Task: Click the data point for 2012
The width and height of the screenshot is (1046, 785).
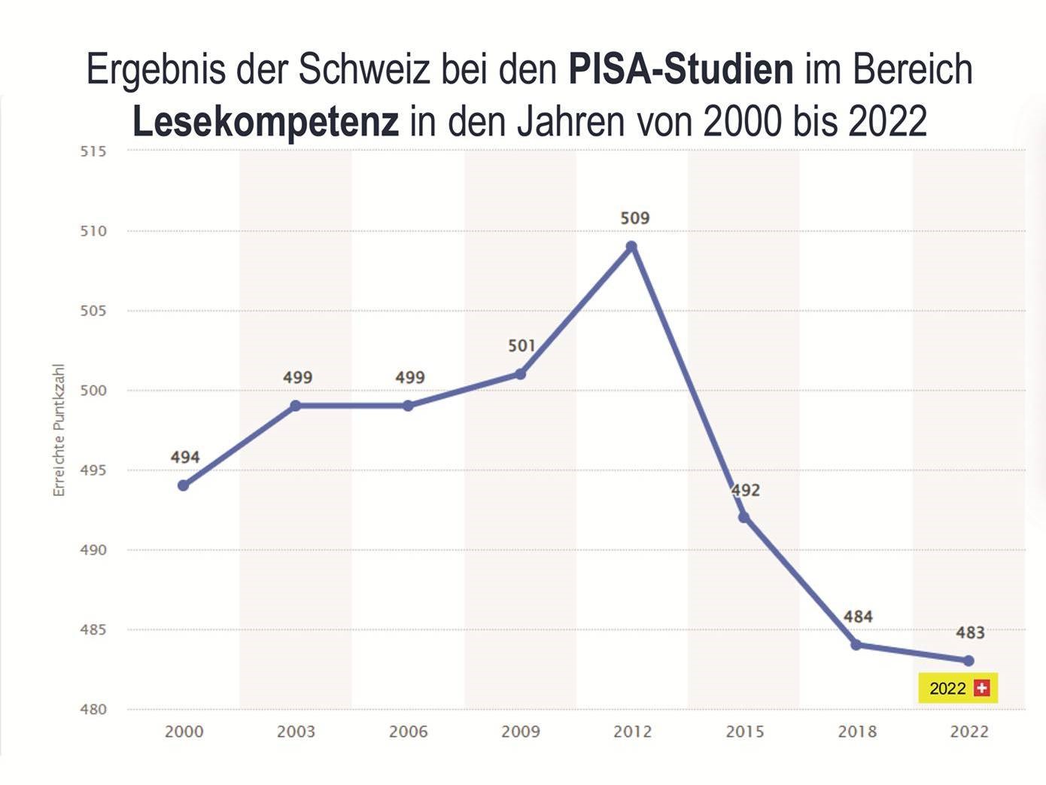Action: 631,247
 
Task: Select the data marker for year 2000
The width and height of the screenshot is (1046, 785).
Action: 184,485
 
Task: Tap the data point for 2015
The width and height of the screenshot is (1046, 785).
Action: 743,517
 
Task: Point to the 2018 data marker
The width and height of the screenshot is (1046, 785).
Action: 856,645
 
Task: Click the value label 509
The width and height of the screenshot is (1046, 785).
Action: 634,218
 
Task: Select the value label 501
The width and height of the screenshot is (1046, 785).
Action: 521,346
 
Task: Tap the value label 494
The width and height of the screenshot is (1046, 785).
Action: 185,457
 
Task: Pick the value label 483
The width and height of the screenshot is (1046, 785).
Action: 970,632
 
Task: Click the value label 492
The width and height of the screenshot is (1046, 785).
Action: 746,490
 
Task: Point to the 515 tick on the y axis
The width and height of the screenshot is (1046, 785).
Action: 93,151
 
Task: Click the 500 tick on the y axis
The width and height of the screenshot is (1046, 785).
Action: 93,391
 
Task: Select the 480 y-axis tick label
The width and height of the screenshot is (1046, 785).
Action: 93,709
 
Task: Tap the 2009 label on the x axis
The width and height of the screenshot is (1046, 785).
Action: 521,732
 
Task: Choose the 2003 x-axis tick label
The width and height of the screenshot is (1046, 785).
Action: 296,732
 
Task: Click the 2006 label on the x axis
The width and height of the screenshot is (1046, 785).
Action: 408,732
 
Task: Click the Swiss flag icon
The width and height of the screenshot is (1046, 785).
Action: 981,688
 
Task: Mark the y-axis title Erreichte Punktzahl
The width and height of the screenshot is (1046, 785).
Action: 59,430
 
